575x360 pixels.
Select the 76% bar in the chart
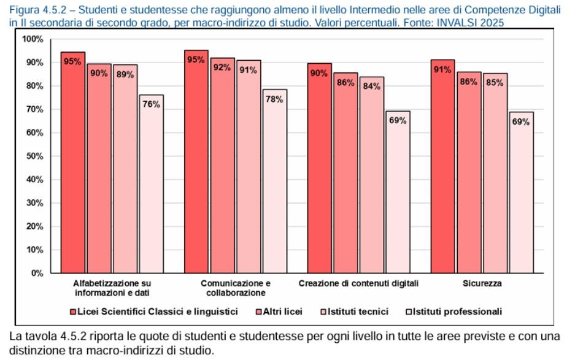coord(151,184)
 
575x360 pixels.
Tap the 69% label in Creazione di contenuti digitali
coord(398,120)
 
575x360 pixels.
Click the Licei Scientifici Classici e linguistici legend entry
coord(154,312)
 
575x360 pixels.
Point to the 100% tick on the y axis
coord(33,39)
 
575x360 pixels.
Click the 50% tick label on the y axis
coord(34,156)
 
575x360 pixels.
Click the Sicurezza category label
coord(482,284)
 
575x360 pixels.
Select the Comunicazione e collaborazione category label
coord(235,288)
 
